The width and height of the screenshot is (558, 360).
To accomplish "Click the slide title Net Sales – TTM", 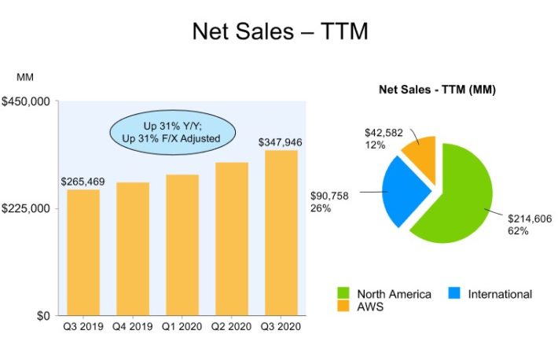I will coord(280,32).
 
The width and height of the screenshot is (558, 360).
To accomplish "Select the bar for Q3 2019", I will coord(83,252).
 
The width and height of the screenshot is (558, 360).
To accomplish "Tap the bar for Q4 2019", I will coord(133,248).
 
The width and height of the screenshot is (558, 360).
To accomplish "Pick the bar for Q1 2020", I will coord(182,244).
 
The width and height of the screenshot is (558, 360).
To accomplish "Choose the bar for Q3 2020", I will coord(281,232).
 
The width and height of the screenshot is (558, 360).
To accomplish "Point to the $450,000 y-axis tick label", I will coord(28,101).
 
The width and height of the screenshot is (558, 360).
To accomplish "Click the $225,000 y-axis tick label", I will coord(28,208).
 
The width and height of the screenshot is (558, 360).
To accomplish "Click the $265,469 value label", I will coord(83,182).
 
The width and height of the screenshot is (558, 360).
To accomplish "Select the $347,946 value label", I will coord(281,142).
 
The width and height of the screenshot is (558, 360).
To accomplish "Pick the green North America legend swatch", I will coord(343,294).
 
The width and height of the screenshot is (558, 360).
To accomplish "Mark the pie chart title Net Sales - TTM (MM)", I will coord(437,90).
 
